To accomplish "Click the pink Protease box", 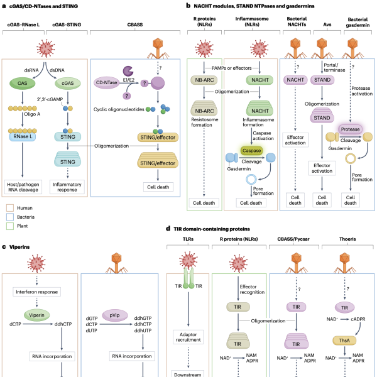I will (x=351, y=128).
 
